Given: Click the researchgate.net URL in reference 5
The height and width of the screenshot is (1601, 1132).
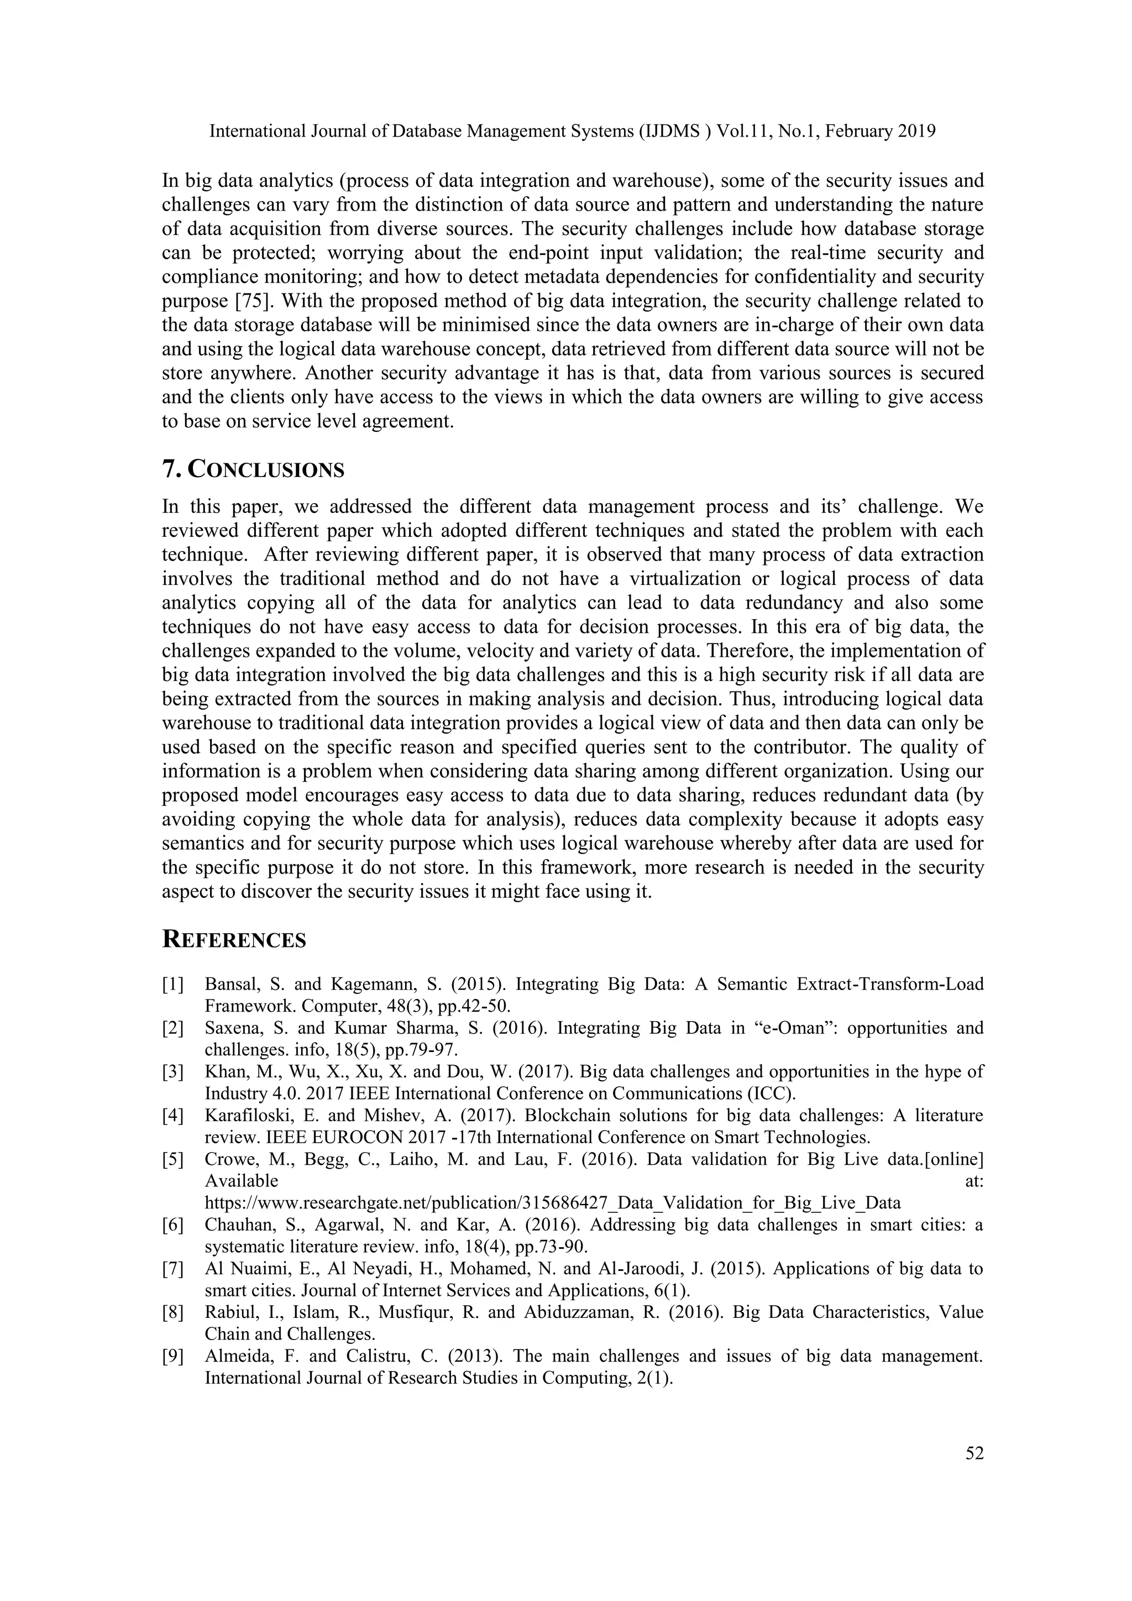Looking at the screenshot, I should pyautogui.click(x=552, y=1202).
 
